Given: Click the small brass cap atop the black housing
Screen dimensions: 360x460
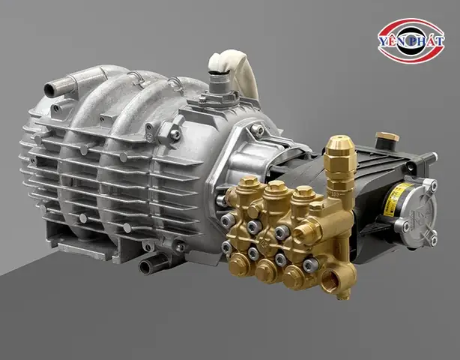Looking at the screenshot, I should pos(387,138).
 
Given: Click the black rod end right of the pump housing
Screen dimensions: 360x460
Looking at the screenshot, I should pos(431,157).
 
